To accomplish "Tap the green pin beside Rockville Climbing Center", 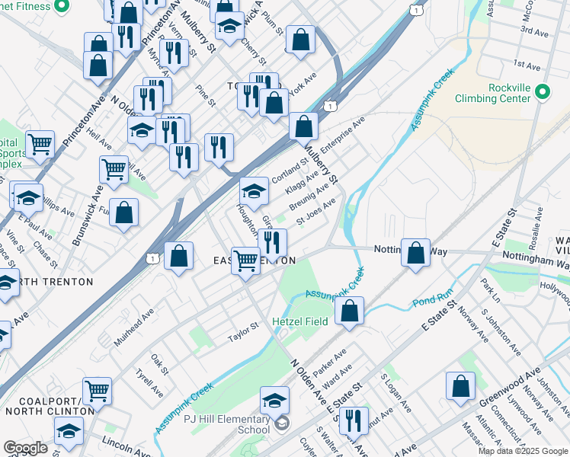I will (x=542, y=91).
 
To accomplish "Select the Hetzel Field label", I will (x=299, y=321).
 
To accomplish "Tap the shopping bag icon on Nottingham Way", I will (x=415, y=254).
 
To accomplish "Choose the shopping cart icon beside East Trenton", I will (x=245, y=260).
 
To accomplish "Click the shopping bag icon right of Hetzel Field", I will (x=349, y=310).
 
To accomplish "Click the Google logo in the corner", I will (x=25, y=448).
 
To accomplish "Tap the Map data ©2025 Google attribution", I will (x=522, y=451).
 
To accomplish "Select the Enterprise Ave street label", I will (x=343, y=133).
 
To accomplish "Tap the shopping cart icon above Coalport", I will (x=97, y=391).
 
